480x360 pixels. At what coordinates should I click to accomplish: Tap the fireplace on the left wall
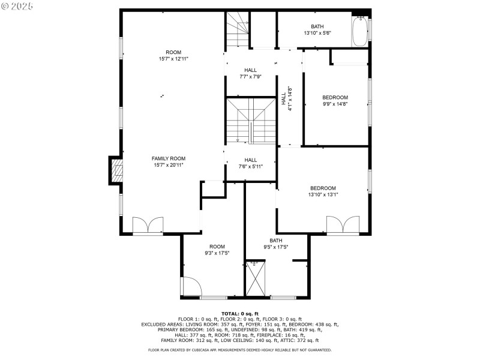[x=116, y=170]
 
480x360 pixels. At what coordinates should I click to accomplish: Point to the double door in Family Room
[x=148, y=225]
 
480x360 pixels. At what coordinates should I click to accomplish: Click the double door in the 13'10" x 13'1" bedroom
[x=343, y=225]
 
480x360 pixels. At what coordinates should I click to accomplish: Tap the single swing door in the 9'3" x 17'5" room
[x=191, y=286]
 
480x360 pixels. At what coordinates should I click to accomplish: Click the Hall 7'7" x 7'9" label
[x=250, y=70]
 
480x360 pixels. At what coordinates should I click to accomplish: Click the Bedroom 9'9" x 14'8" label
[x=335, y=97]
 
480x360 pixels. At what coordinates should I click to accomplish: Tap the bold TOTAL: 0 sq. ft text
[x=240, y=314]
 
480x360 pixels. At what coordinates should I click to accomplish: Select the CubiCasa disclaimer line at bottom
[x=240, y=350]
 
